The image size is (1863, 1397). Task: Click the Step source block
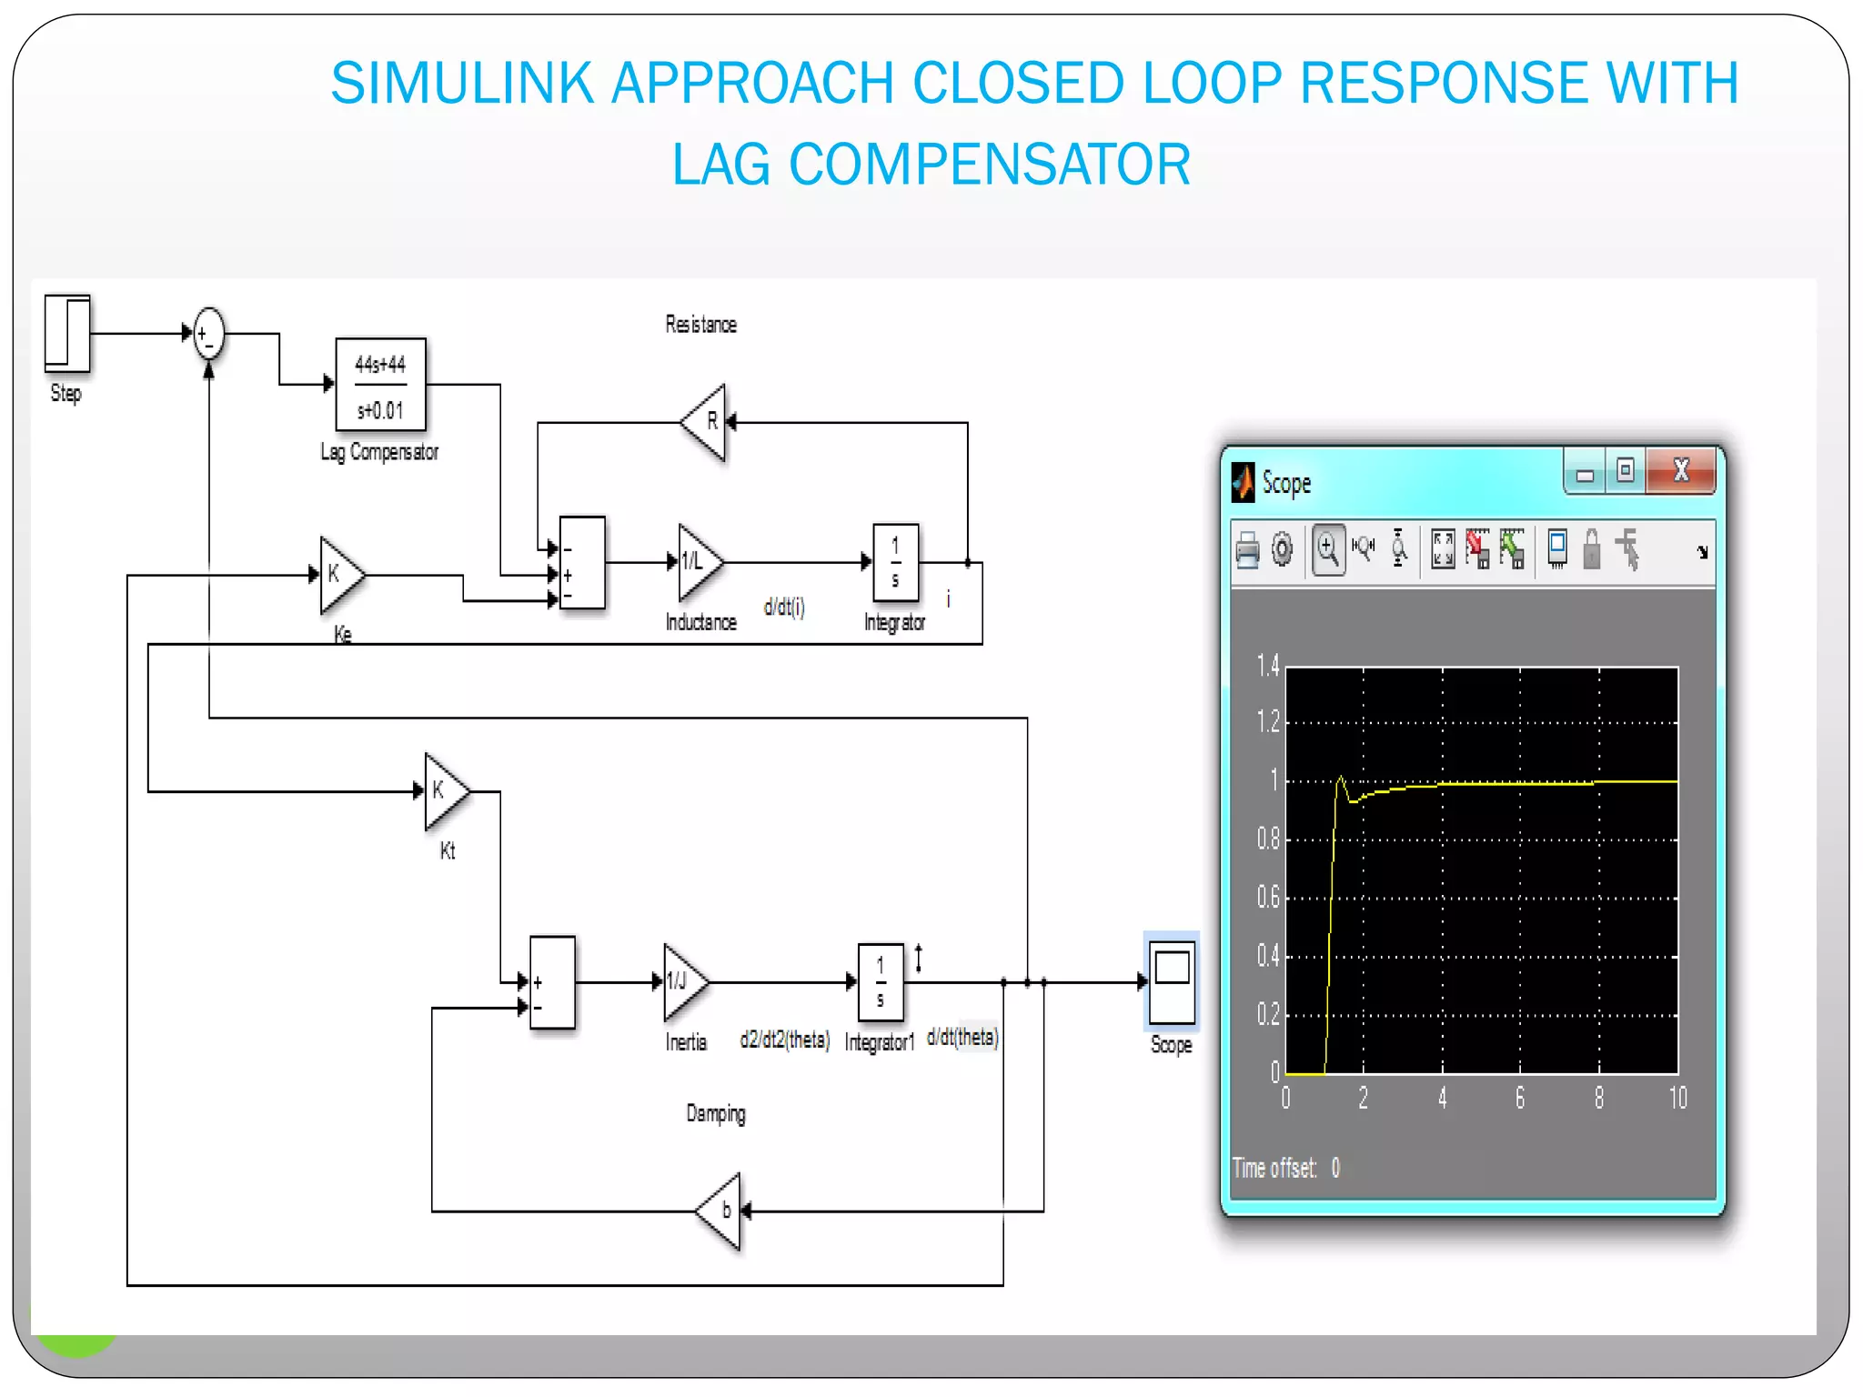(x=68, y=333)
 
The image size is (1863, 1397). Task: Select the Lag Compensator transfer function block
(x=380, y=385)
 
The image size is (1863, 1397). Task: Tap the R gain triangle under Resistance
(x=706, y=422)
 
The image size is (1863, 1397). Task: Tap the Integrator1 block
(x=881, y=982)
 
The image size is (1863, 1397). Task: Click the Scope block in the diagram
(x=1172, y=983)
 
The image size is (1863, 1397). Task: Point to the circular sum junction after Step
(x=209, y=334)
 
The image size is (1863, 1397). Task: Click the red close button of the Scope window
(x=1681, y=471)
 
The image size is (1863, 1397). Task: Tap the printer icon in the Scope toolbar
(x=1247, y=549)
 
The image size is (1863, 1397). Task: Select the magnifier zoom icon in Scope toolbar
(x=1328, y=549)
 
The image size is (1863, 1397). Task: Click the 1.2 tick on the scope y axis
(x=1268, y=722)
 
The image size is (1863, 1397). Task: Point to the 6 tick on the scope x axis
(x=1520, y=1099)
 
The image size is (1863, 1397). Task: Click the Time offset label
(x=1275, y=1168)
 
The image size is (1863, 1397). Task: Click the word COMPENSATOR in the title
(x=989, y=165)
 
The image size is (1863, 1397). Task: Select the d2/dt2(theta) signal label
(x=785, y=1040)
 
